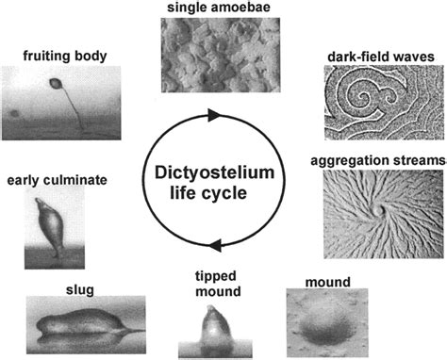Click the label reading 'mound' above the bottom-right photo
[327, 281]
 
